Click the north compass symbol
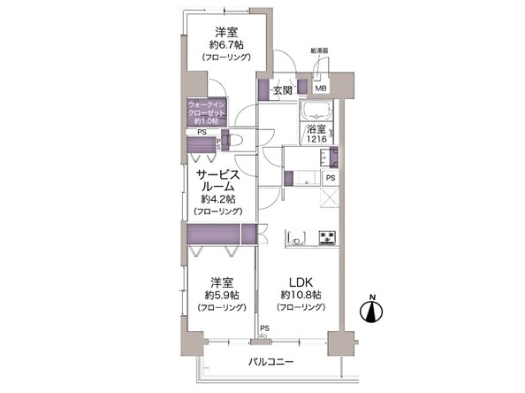pos(371,312)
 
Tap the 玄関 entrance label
pos(283,89)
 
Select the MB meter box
pos(322,89)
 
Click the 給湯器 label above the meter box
pos(320,51)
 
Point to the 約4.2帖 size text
pos(215,200)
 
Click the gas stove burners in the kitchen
pos(327,236)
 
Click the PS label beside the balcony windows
pos(263,329)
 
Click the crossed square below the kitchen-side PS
pos(329,196)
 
